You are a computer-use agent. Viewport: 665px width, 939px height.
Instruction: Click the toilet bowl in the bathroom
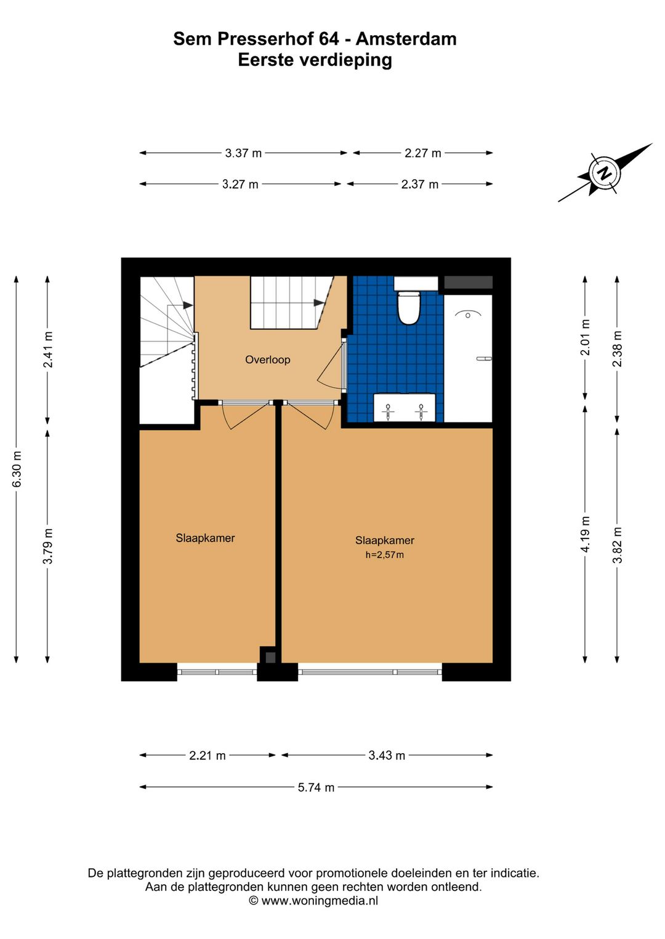(408, 308)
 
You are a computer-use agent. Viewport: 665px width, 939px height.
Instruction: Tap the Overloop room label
(268, 360)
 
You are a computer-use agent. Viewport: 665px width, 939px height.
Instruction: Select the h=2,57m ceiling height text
(385, 555)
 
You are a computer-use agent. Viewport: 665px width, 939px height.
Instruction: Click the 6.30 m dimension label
(17, 469)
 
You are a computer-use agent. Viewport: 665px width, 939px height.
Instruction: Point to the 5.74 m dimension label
(316, 788)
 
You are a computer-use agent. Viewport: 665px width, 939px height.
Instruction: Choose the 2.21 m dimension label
(208, 756)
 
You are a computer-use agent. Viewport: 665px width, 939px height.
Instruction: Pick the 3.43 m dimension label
(387, 756)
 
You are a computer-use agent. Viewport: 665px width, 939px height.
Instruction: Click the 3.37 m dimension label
(243, 153)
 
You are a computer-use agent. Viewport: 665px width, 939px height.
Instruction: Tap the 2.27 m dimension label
(423, 153)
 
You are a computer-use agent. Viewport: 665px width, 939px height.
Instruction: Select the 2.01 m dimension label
(586, 337)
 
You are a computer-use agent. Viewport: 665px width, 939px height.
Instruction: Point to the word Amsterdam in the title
(406, 39)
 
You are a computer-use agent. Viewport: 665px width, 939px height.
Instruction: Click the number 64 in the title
(329, 39)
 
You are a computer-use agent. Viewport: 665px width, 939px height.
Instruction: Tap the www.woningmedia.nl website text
(320, 900)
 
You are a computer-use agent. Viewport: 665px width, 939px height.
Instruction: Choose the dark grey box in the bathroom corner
(468, 282)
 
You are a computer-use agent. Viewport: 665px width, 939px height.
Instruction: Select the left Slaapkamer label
(205, 538)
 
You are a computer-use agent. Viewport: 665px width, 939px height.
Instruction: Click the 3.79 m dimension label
(48, 546)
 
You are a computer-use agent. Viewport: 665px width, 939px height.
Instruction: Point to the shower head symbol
(468, 314)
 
